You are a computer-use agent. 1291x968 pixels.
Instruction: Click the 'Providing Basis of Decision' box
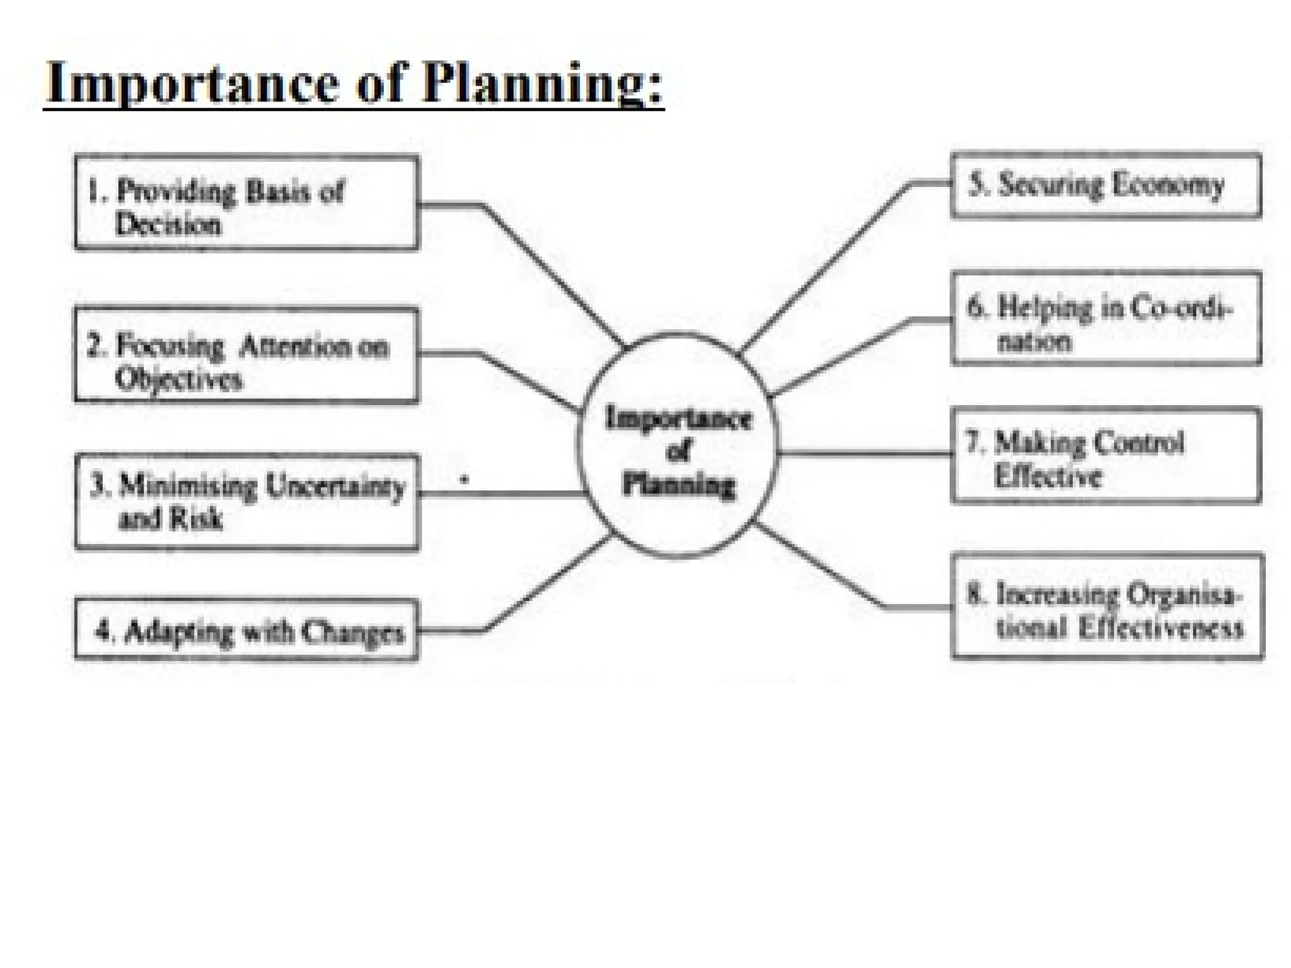(x=246, y=203)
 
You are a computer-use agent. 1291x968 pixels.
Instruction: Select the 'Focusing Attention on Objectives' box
(x=246, y=355)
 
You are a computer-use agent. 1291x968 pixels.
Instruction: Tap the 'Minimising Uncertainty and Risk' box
(x=246, y=502)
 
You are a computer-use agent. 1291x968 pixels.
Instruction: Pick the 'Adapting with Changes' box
(x=246, y=630)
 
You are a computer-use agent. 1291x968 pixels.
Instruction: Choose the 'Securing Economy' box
(x=1106, y=185)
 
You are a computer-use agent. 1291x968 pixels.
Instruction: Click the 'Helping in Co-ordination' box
(x=1106, y=319)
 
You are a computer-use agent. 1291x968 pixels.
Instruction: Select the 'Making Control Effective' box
(x=1106, y=455)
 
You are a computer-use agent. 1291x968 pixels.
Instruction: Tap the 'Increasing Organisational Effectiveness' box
(x=1107, y=606)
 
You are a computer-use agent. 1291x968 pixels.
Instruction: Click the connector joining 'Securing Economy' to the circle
(x=826, y=265)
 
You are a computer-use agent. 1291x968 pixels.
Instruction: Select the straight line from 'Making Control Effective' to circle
(x=864, y=453)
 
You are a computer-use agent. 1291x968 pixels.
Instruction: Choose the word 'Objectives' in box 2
(x=178, y=379)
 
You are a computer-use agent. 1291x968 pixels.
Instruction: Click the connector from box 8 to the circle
(x=819, y=567)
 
